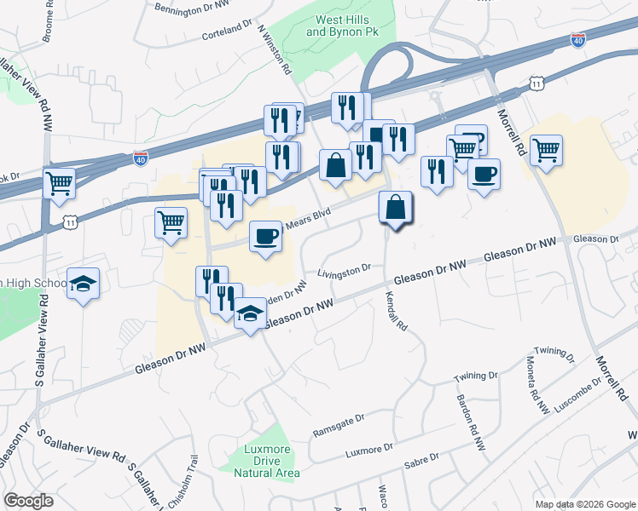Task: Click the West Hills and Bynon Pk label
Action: (x=340, y=25)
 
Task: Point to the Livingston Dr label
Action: (x=344, y=271)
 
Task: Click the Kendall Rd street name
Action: (x=397, y=313)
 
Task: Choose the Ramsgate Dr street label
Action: (x=339, y=422)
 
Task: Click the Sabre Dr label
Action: (x=421, y=460)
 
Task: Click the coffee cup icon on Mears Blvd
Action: (x=266, y=236)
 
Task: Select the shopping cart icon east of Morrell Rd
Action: (x=546, y=151)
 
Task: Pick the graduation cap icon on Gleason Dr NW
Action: (x=249, y=314)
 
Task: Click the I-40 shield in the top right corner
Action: (x=579, y=40)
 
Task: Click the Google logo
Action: (x=29, y=501)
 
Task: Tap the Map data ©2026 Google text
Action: (x=583, y=504)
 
